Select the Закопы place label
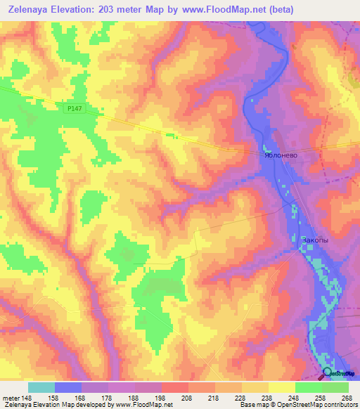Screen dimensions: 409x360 (314, 240)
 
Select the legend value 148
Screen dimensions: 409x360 (28, 397)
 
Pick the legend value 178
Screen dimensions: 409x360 (108, 397)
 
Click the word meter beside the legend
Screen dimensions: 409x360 (10, 397)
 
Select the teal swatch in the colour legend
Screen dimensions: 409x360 (41, 387)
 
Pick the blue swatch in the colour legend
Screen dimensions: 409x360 (68, 387)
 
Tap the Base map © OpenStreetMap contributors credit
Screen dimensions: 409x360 (298, 405)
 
